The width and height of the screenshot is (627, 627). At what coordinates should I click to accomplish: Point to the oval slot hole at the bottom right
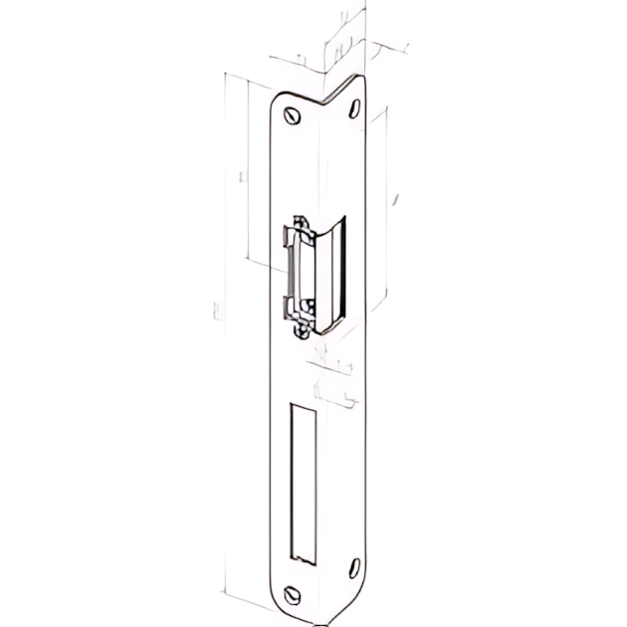(x=352, y=570)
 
